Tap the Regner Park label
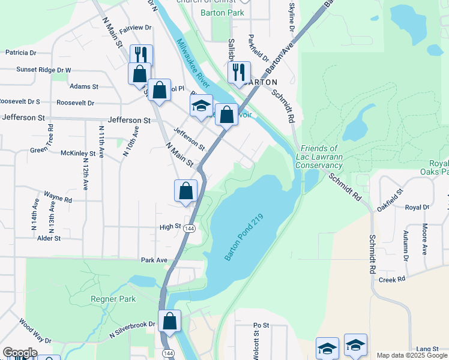(113, 299)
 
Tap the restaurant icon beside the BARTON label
(239, 72)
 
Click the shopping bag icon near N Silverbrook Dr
(170, 320)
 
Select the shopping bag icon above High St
(186, 191)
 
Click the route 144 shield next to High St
(190, 229)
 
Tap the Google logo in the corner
(20, 353)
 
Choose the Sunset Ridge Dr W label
(35, 70)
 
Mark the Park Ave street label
(154, 260)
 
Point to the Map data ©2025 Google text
(412, 355)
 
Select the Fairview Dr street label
(136, 28)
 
